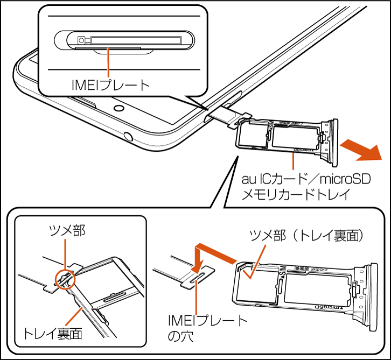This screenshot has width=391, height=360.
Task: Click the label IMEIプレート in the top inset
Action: [x=109, y=85]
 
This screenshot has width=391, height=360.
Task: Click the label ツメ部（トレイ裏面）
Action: [x=310, y=235]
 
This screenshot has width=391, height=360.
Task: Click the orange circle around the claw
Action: [x=66, y=279]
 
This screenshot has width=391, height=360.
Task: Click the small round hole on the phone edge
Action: [x=128, y=135]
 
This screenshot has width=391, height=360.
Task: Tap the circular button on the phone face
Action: [x=117, y=108]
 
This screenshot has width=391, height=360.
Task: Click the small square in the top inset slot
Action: [x=81, y=40]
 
